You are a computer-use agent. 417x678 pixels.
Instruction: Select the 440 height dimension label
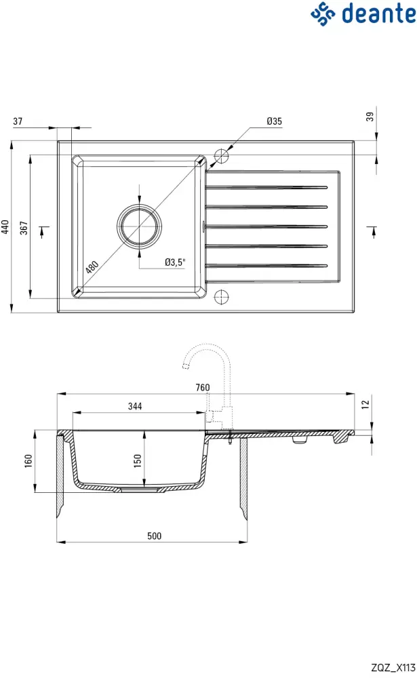point(6,226)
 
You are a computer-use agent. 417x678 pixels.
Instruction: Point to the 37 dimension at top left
point(18,121)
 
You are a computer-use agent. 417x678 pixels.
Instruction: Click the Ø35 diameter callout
point(274,121)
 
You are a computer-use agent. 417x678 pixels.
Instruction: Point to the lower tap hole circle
point(222,296)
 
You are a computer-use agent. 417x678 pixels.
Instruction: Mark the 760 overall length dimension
point(203,388)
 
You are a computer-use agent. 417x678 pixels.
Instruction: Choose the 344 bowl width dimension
point(134,407)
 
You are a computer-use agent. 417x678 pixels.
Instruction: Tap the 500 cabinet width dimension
point(155,536)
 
